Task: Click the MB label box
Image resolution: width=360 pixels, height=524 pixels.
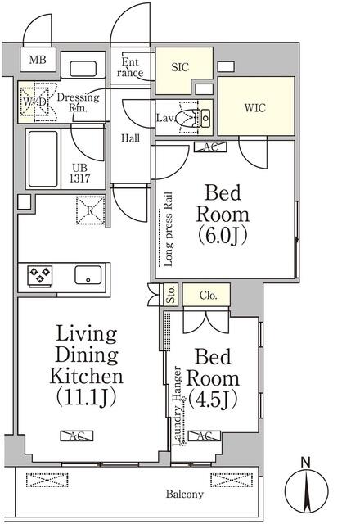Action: click(38, 60)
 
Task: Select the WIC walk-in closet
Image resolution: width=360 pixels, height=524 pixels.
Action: click(254, 106)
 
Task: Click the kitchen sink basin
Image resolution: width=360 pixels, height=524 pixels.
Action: click(87, 275)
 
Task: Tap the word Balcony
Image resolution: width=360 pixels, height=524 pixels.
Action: click(185, 495)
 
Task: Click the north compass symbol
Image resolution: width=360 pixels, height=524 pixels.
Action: click(307, 491)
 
